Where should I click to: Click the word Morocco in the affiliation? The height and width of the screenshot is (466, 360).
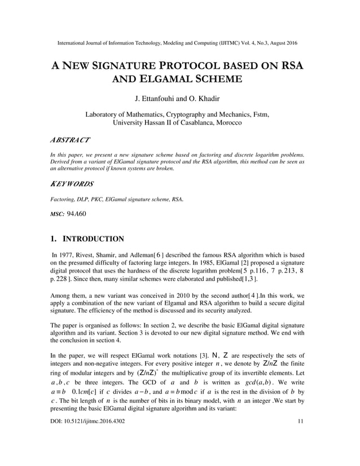227,122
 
